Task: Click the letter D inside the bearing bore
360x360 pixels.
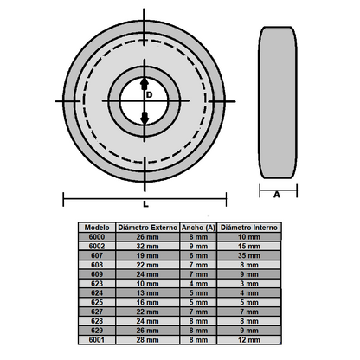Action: pos(150,94)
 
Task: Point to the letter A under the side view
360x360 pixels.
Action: pos(276,196)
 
